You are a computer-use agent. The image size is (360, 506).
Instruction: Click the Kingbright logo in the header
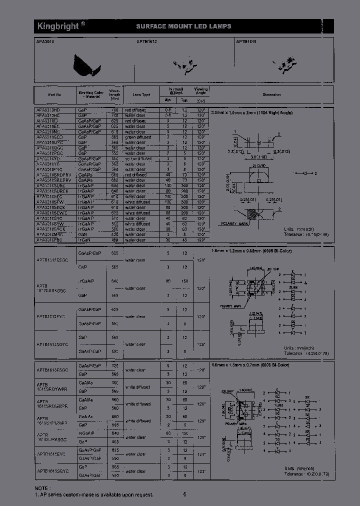(55, 26)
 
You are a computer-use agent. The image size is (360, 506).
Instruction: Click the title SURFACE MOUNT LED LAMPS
(183, 26)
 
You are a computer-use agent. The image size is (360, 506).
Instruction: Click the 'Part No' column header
(54, 94)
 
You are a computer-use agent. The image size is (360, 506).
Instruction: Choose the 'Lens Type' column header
(141, 94)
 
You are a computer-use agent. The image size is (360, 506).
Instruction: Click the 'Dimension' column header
(271, 94)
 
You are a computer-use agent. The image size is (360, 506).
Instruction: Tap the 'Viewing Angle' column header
(201, 90)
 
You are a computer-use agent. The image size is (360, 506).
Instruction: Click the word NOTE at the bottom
(42, 487)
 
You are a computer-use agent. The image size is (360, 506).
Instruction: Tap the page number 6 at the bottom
(184, 494)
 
